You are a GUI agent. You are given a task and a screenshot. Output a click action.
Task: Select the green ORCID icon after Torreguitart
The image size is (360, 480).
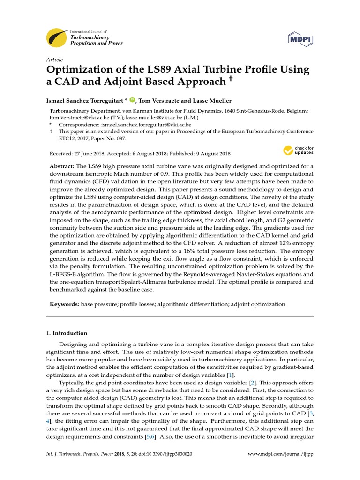point(133,100)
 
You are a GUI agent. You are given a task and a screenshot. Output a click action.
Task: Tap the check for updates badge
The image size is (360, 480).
point(298,150)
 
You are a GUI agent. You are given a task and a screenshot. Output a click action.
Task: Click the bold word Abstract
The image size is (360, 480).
point(62,167)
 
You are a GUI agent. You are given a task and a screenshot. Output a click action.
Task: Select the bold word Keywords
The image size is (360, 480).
point(64,304)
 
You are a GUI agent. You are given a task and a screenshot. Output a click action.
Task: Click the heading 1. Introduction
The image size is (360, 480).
point(67,333)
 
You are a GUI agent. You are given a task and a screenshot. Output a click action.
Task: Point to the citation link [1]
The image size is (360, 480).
point(231,375)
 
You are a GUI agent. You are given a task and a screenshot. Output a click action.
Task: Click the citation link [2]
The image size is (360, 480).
point(252,383)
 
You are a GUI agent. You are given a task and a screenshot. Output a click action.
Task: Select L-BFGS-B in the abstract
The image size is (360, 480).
point(67,267)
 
